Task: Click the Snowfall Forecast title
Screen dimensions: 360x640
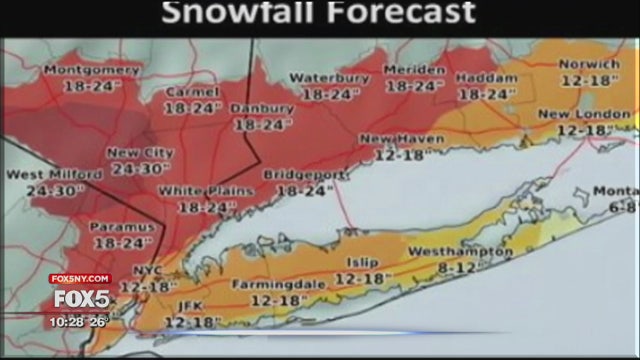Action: tap(319, 14)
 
